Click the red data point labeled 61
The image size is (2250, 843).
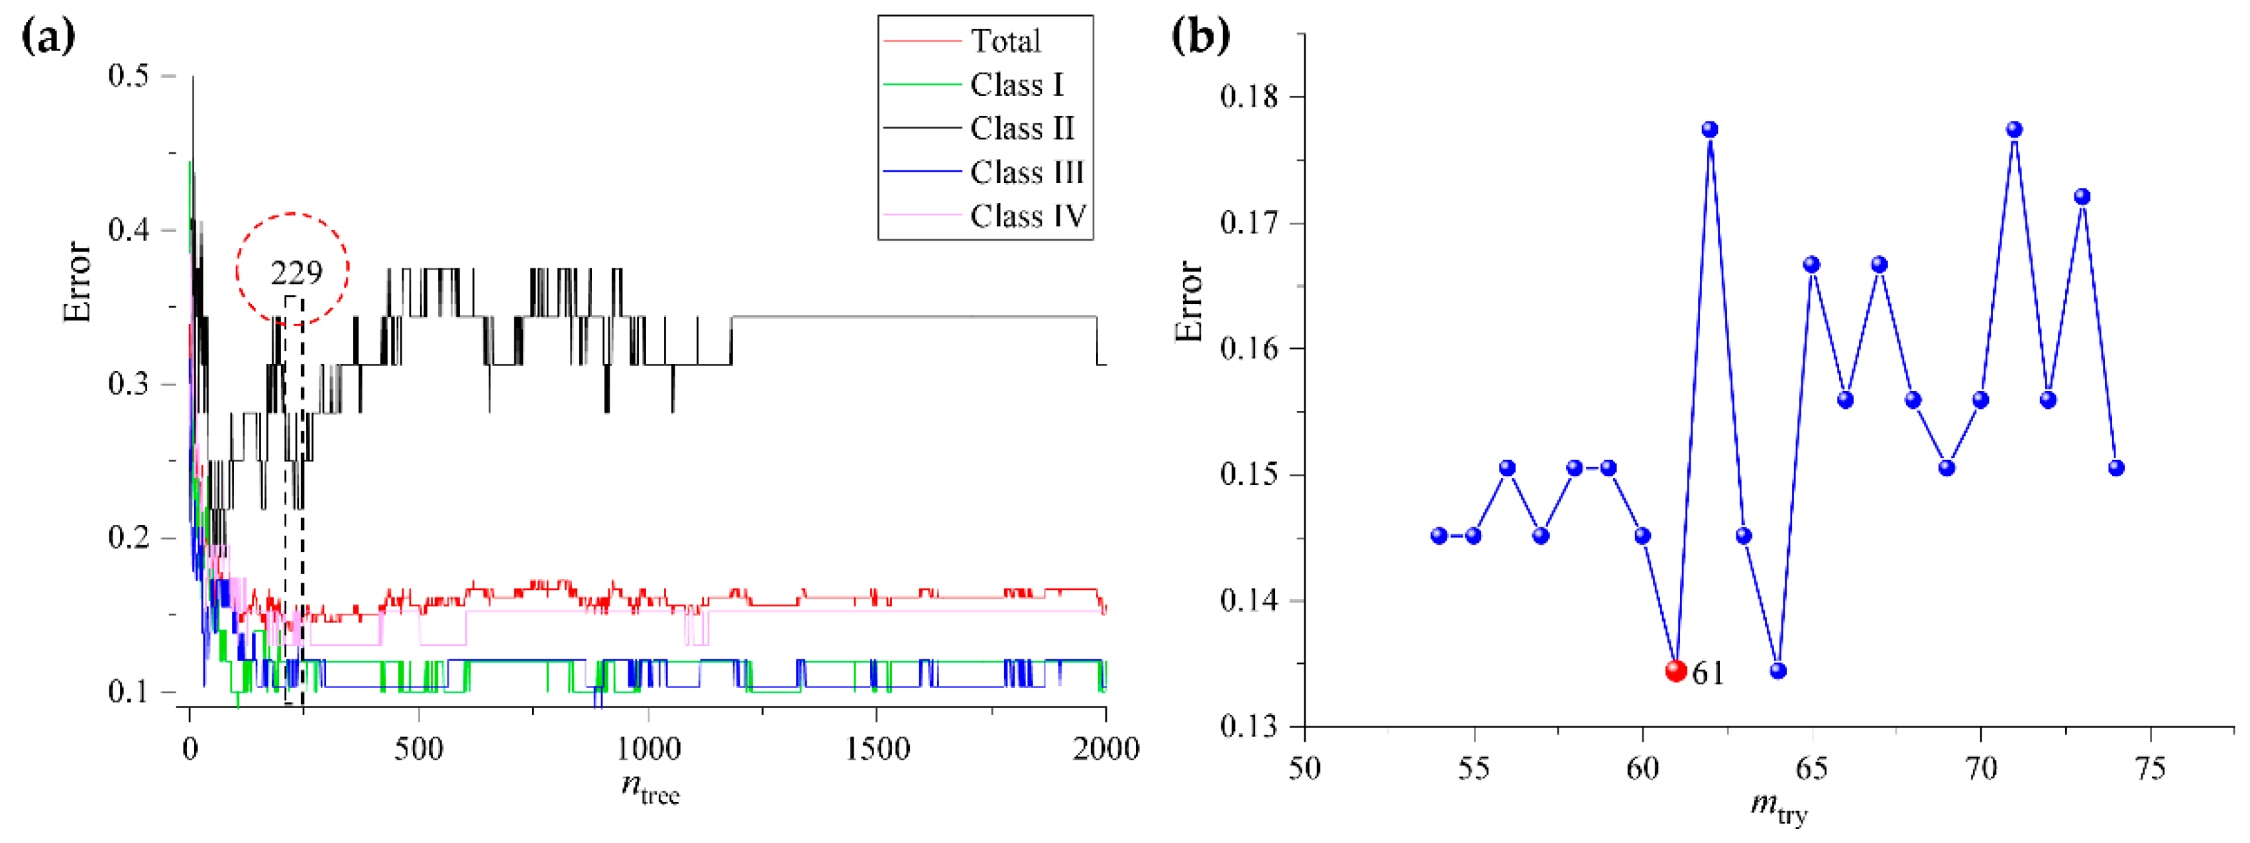point(1675,671)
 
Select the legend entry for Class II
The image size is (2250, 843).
point(1022,129)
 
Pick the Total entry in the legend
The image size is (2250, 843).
point(1005,41)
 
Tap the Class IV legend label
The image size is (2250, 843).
point(1028,216)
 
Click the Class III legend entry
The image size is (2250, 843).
point(1027,172)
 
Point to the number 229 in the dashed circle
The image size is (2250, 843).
point(296,274)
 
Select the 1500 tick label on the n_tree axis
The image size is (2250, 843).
point(876,749)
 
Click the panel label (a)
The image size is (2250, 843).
point(47,36)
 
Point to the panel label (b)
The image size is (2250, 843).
point(1200,36)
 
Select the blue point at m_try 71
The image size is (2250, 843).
point(2014,130)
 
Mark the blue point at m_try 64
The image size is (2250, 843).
point(1778,671)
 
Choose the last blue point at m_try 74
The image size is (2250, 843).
point(2115,469)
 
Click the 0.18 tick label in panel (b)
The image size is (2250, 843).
point(1248,96)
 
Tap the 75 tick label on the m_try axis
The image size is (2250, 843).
point(2149,769)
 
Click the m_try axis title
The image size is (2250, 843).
point(1778,808)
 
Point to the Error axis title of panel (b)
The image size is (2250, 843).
point(1190,302)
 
